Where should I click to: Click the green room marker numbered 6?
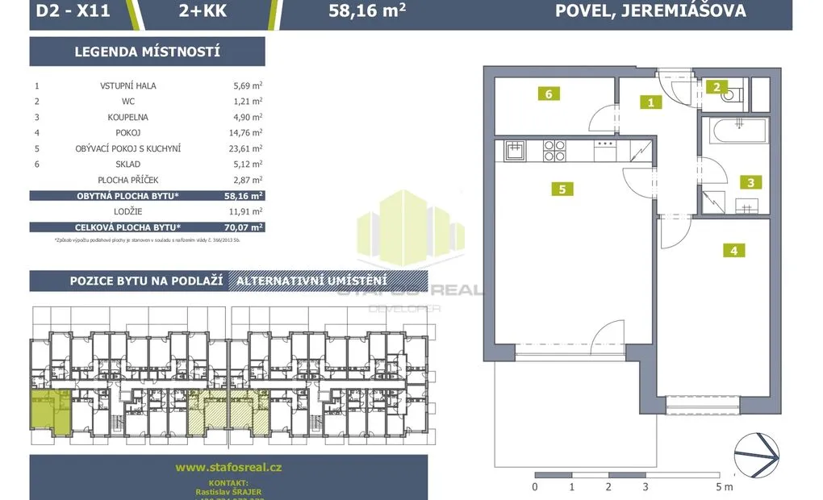click(548, 94)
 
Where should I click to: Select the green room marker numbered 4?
click(733, 250)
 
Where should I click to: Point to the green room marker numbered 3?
click(750, 182)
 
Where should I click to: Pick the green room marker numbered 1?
click(650, 102)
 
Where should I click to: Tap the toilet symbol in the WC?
click(732, 96)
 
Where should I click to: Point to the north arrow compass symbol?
click(756, 456)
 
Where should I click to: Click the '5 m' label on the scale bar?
click(723, 487)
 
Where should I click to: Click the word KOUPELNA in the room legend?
click(127, 117)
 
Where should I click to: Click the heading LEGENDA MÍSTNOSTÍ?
click(147, 52)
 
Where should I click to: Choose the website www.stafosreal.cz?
click(228, 467)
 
